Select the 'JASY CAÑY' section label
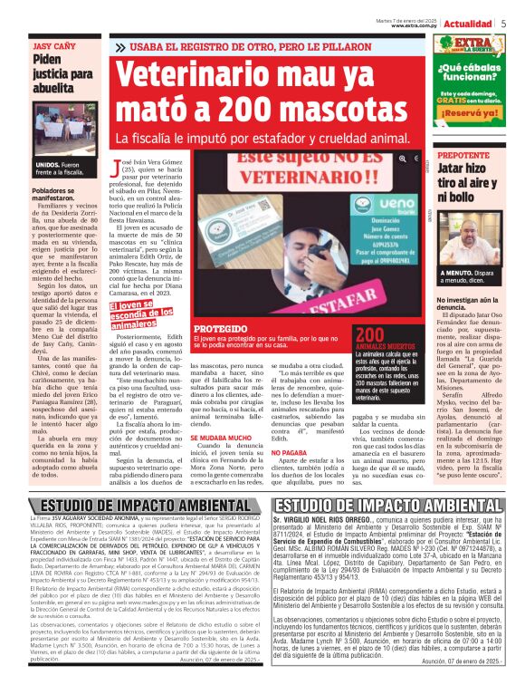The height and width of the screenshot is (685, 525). click(x=51, y=43)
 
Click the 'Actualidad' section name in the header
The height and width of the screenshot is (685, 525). click(x=471, y=24)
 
